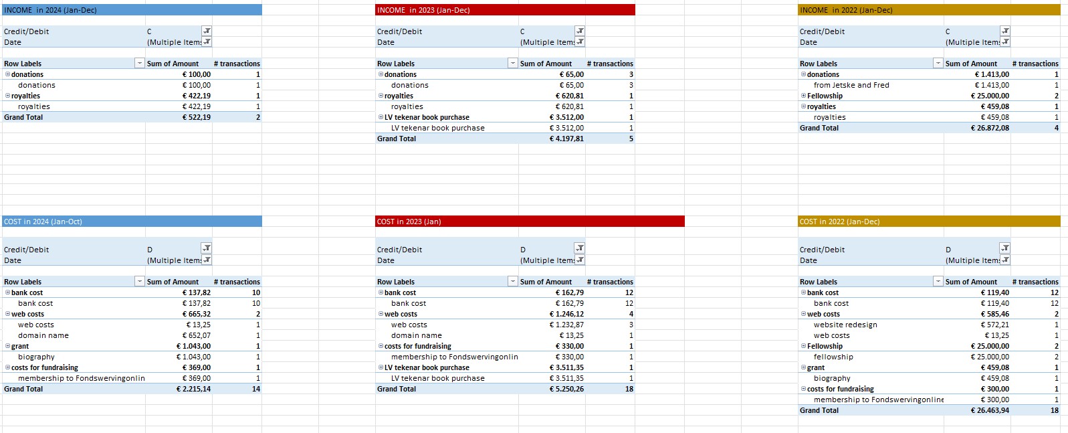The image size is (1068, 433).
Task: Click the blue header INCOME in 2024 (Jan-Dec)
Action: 50,10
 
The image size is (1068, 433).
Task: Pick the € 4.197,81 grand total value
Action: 566,139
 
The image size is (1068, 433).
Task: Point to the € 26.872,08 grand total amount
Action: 990,128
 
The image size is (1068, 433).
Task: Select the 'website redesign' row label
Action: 845,325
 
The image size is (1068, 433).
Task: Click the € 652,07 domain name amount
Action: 196,335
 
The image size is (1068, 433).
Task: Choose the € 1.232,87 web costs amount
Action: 566,325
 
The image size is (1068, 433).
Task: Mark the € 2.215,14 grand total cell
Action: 193,389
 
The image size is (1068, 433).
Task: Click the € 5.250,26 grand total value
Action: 566,389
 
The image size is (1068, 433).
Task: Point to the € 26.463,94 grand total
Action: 990,410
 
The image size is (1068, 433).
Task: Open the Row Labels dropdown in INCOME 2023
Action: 513,64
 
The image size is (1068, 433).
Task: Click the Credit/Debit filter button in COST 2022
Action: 1004,248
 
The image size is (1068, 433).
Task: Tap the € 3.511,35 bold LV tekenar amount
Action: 566,367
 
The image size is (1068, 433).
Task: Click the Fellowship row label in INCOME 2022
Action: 825,96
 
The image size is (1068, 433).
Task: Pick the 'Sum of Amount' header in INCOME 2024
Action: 173,64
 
